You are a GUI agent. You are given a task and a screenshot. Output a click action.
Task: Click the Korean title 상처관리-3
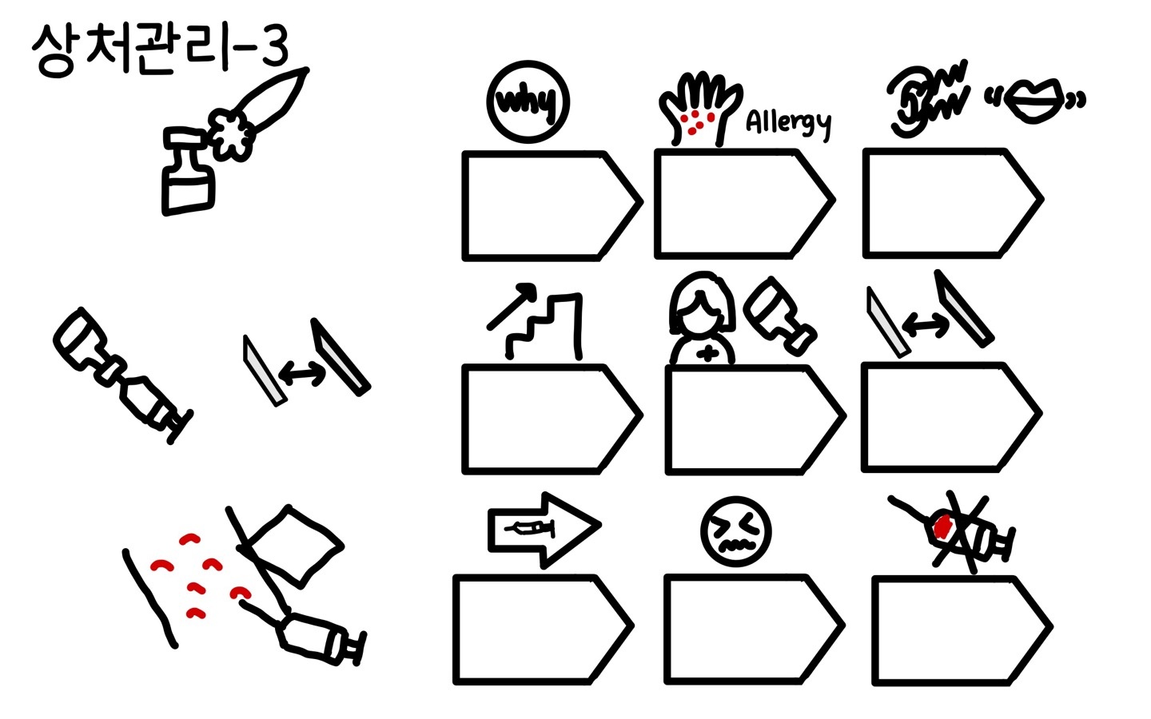tap(160, 50)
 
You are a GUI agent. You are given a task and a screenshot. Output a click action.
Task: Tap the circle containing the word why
tap(528, 102)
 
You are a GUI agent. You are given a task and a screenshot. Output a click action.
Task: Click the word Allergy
tap(788, 122)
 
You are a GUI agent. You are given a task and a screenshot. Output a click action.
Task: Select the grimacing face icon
tap(735, 531)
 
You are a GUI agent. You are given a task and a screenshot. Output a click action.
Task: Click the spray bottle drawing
tap(189, 171)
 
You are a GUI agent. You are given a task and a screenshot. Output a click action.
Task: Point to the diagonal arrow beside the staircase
tap(512, 305)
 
